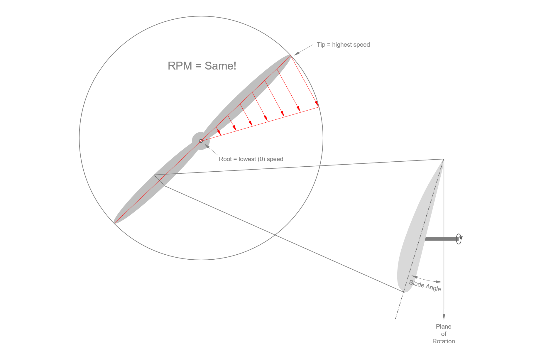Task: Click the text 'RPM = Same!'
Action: click(202, 66)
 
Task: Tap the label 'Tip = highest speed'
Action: click(343, 45)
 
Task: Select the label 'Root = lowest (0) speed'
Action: click(251, 159)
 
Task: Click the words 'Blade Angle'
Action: click(425, 286)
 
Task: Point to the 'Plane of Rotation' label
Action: click(444, 334)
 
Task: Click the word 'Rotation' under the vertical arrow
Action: click(444, 341)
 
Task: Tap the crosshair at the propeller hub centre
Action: click(201, 141)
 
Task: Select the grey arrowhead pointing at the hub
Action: click(207, 146)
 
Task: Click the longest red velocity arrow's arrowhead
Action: click(317, 104)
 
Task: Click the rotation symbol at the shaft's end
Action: click(459, 239)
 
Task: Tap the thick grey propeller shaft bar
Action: click(442, 239)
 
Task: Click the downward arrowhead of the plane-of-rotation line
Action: click(444, 317)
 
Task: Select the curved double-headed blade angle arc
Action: click(427, 280)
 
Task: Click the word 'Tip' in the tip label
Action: click(321, 45)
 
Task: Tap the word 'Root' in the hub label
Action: click(225, 159)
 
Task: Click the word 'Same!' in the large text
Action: click(220, 66)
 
